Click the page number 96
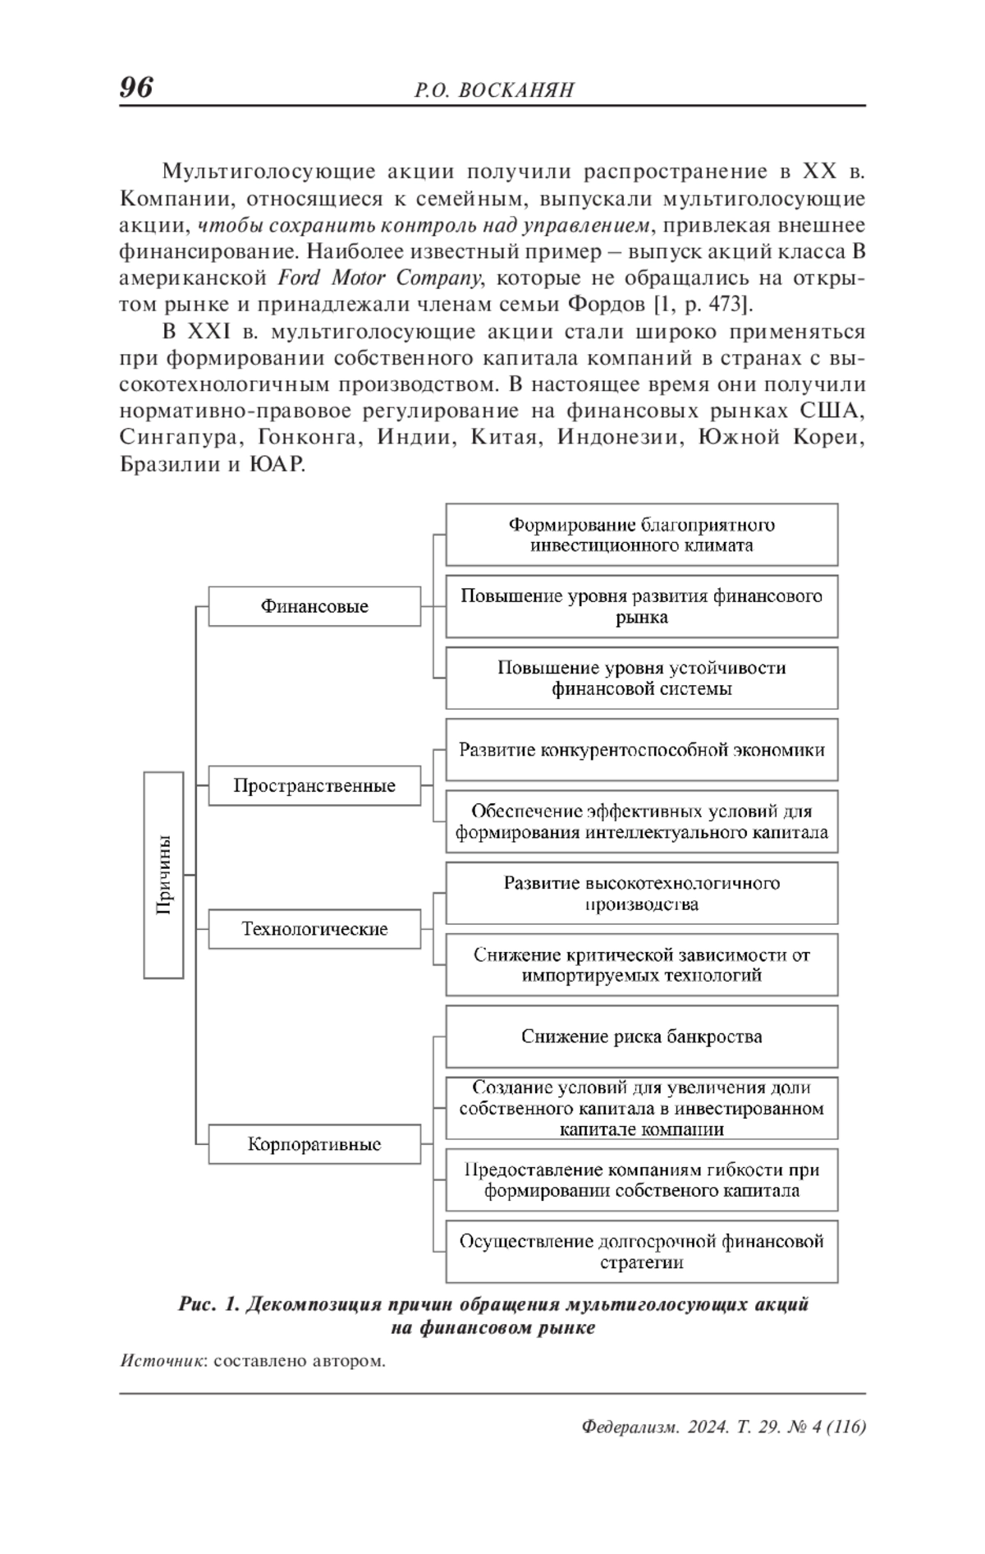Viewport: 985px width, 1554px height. click(136, 87)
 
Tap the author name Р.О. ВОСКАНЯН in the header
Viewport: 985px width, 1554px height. click(494, 90)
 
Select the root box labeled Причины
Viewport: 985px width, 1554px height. click(163, 875)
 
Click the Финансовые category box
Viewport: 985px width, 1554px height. click(314, 606)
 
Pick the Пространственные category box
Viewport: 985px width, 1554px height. click(314, 785)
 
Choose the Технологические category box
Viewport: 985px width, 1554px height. click(314, 929)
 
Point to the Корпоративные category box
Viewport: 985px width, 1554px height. click(314, 1144)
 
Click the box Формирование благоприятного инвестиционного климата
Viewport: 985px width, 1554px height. click(641, 535)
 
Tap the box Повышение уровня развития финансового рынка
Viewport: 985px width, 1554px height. click(641, 606)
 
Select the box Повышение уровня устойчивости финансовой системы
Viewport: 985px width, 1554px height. click(641, 678)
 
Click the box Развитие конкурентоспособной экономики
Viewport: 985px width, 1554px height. click(641, 749)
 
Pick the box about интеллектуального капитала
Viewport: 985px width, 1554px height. click(641, 821)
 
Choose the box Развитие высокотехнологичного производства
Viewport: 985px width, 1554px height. click(641, 893)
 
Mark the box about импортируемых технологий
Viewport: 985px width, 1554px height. click(641, 964)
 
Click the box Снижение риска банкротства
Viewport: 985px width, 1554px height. click(641, 1037)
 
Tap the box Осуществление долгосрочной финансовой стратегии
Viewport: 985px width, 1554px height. click(641, 1252)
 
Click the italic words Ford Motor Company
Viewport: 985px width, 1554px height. click(379, 278)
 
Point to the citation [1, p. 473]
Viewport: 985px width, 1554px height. click(703, 305)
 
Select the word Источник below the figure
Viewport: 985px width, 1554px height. click(161, 1361)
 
